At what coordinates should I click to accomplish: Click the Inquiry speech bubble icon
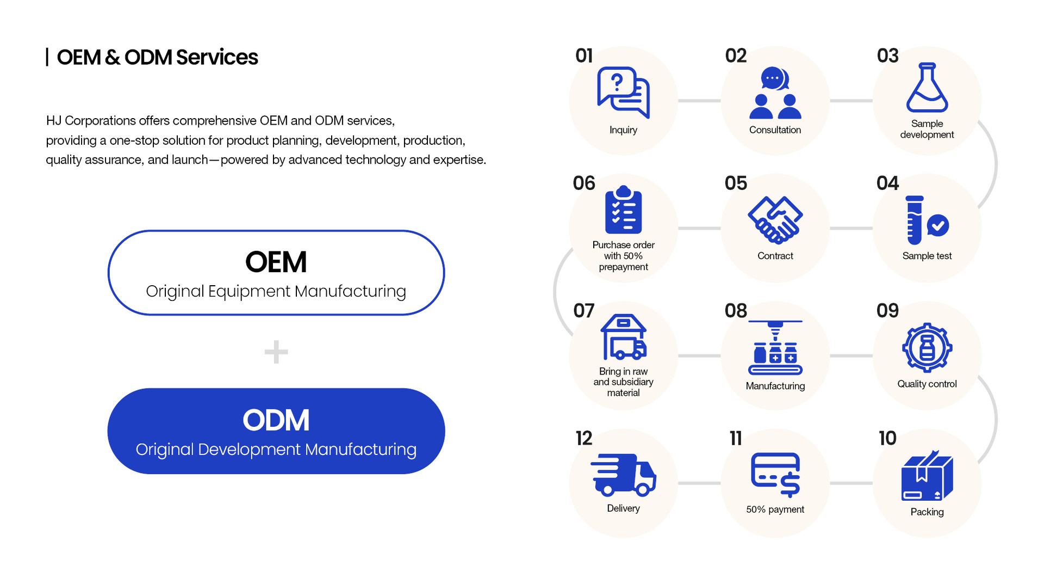click(x=623, y=93)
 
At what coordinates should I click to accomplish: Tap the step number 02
click(x=736, y=56)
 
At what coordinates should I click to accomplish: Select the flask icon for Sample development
click(x=927, y=88)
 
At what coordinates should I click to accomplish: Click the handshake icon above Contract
click(x=775, y=220)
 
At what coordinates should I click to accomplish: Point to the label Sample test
click(x=927, y=256)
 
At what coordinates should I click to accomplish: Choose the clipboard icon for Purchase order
click(x=623, y=210)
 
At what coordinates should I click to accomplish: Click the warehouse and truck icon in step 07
click(x=623, y=337)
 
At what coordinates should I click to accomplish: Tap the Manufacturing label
click(x=775, y=386)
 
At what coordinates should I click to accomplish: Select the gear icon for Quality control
click(x=927, y=348)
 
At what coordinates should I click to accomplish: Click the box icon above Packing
click(x=927, y=475)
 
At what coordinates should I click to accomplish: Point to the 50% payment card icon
click(x=775, y=475)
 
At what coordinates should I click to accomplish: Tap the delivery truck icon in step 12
click(x=623, y=475)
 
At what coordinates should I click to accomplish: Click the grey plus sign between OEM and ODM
click(x=276, y=352)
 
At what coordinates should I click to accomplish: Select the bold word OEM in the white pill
click(x=276, y=262)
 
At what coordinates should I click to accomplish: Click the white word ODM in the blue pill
click(x=276, y=420)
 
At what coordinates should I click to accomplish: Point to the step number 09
click(x=887, y=311)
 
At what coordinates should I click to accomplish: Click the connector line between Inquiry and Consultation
click(x=699, y=101)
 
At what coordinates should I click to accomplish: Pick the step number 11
click(x=736, y=438)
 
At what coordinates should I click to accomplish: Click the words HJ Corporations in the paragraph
click(x=91, y=121)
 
